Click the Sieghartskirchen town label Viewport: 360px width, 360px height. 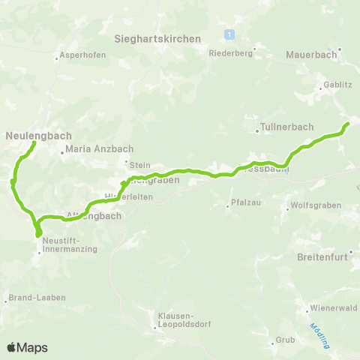pyautogui.click(x=157, y=38)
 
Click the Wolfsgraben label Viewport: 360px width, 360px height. pyautogui.click(x=316, y=205)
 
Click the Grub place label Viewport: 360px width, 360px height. pyautogui.click(x=285, y=340)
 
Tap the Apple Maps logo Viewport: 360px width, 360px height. pyautogui.click(x=26, y=347)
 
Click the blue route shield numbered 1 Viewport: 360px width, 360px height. pyautogui.click(x=229, y=34)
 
